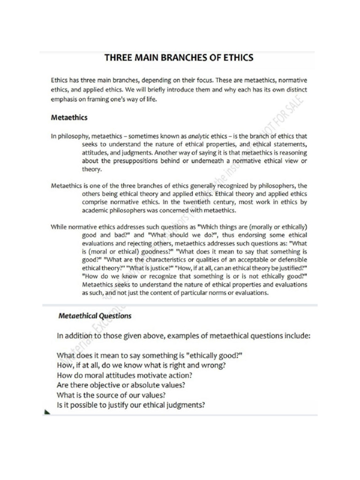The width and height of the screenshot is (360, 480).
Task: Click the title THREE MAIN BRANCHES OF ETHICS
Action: pos(179,58)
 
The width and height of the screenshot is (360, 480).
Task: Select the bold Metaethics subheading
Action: pos(69,118)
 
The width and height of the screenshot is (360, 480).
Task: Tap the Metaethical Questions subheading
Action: pos(95,316)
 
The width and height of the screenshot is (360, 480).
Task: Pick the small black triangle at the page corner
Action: pos(46,412)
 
